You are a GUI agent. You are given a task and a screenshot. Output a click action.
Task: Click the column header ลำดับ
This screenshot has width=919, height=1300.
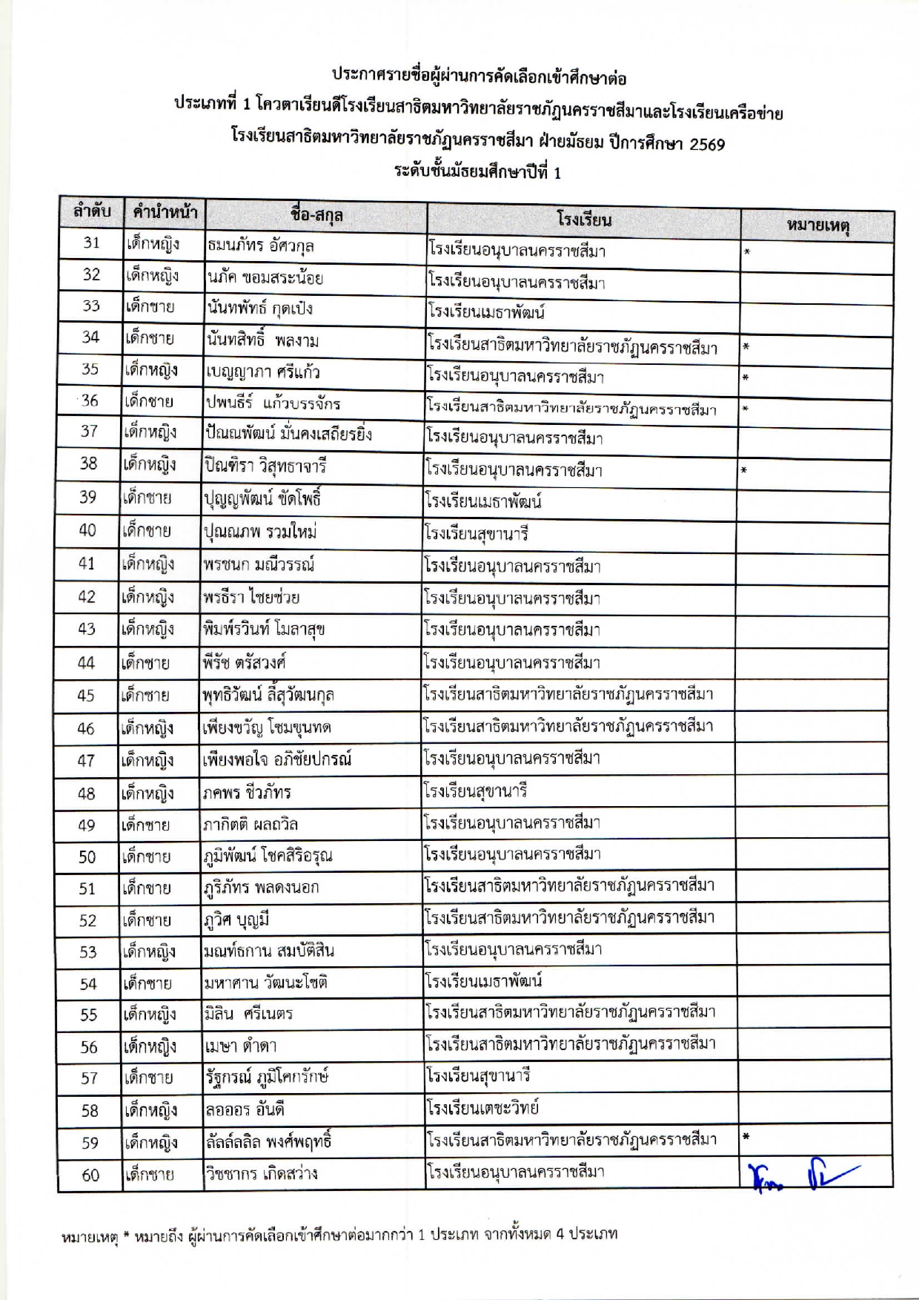91,212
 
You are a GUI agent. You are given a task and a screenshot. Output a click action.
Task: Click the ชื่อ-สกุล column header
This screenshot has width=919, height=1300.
316,216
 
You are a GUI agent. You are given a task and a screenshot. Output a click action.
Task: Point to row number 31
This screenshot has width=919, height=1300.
91,242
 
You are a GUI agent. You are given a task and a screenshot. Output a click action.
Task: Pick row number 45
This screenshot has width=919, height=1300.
86,696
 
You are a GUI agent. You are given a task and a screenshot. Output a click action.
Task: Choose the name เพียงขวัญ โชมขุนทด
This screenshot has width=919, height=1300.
266,727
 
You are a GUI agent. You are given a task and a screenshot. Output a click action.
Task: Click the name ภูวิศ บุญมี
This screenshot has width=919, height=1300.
236,920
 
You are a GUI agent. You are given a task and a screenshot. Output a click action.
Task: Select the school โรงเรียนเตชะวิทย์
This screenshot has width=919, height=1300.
482,1108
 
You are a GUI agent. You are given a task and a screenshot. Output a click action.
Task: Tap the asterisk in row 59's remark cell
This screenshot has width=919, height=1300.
746,1135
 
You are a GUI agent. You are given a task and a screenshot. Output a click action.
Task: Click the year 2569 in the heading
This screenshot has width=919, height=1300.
706,144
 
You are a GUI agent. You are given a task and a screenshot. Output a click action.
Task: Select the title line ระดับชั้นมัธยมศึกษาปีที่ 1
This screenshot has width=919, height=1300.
477,172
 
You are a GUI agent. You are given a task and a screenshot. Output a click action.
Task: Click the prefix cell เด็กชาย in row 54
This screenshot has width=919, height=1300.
147,983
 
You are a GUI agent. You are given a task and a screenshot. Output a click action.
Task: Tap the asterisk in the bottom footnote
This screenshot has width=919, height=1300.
126,1235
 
